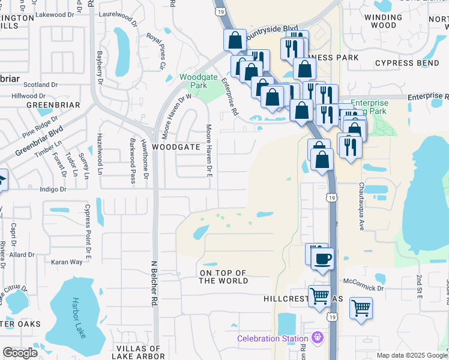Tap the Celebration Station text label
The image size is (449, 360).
tap(273, 338)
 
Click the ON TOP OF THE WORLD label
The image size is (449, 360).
tap(224, 277)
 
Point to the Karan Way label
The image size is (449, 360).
tap(67, 262)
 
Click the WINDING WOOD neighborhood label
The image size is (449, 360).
tap(384, 22)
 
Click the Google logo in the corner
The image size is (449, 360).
tap(20, 352)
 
